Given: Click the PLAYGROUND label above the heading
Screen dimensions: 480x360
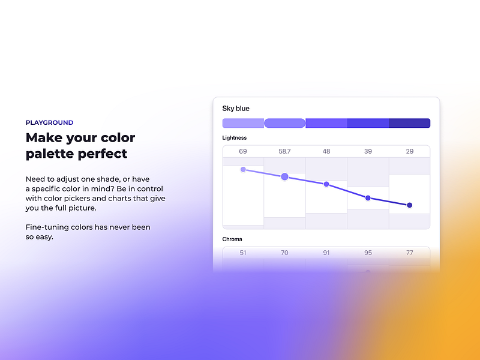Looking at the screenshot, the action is [50, 123].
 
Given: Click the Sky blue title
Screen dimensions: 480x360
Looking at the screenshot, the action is [236, 109].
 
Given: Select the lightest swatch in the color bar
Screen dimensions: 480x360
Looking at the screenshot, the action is [243, 123].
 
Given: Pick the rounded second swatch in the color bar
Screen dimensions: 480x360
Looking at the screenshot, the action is [284, 123].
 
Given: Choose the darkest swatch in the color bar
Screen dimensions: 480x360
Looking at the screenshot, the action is [410, 123].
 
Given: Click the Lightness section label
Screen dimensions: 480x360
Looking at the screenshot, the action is [235, 138].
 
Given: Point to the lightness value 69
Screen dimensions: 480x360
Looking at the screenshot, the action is [243, 151].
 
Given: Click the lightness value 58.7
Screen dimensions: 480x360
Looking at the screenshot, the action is [284, 151].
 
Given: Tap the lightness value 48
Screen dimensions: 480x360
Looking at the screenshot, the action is [326, 151].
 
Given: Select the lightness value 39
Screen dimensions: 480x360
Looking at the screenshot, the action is [368, 151].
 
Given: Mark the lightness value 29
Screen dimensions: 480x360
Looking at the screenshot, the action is [410, 151].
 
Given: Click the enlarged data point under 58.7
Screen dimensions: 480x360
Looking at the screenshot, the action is [284, 176].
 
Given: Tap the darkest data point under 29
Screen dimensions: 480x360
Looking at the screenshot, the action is [410, 205].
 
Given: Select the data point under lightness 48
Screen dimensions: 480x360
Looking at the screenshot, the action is [326, 184].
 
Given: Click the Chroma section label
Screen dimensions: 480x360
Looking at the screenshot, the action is [232, 239].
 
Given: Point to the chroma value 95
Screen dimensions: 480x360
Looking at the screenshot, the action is [368, 253].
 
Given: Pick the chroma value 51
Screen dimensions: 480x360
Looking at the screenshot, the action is [243, 253].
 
